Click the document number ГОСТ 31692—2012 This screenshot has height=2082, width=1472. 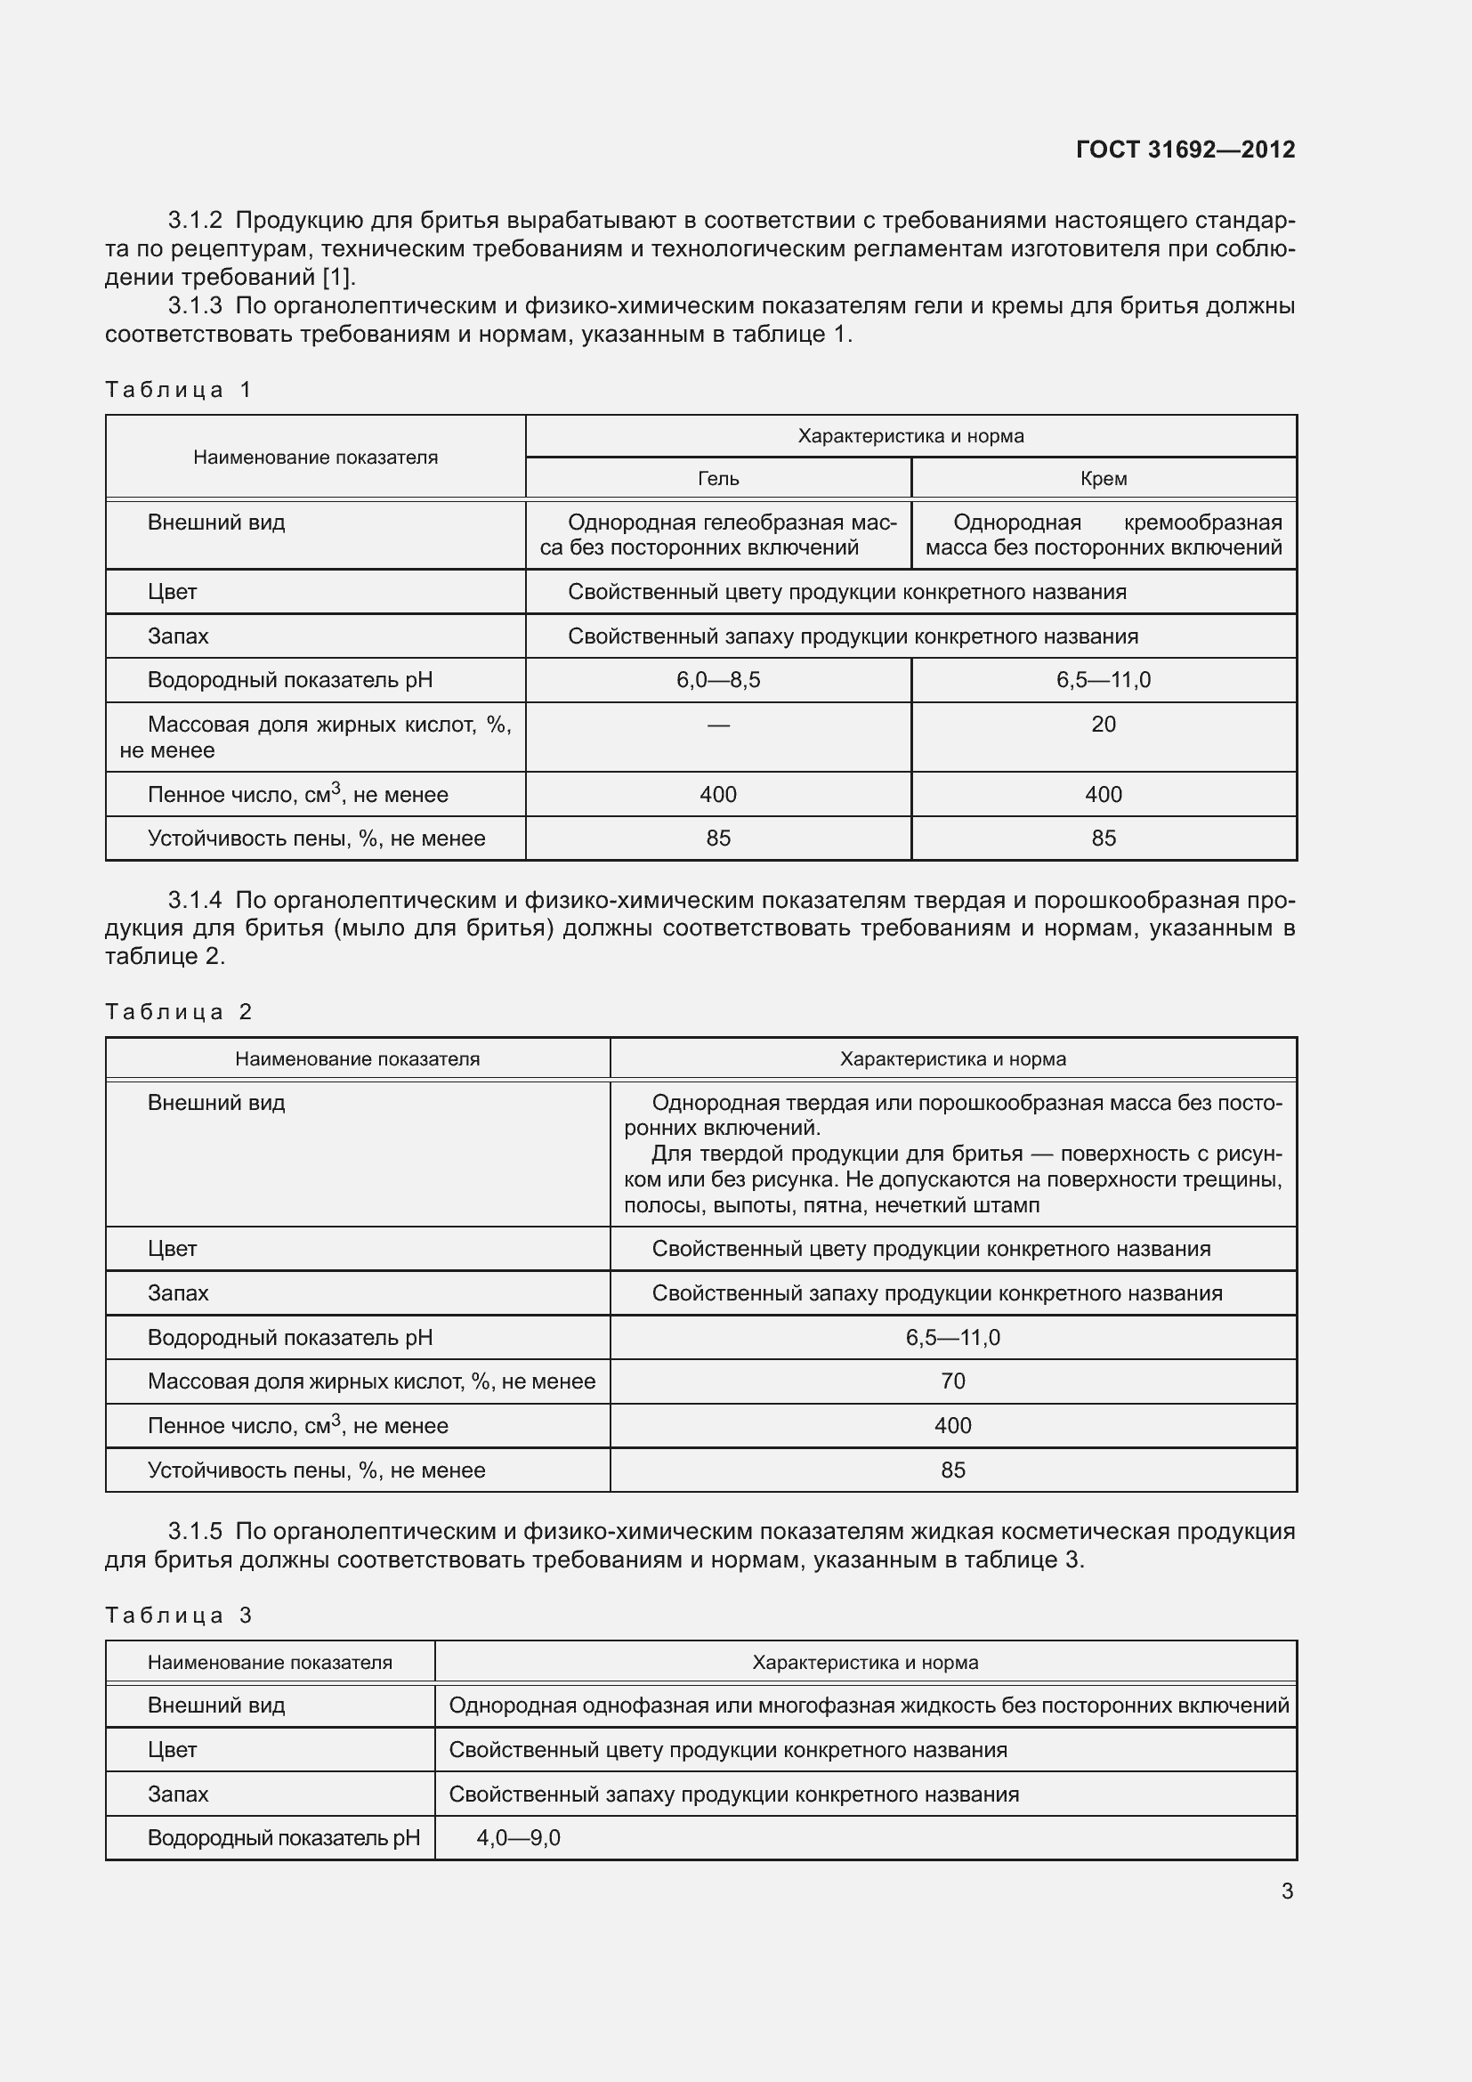pos(1185,150)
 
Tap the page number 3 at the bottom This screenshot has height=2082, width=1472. pos(1287,1892)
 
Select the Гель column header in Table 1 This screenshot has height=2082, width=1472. pos(718,478)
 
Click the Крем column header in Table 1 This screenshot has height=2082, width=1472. pos(1103,478)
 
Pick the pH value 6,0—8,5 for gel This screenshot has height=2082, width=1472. pos(718,680)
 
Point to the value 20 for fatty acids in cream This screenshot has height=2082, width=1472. pos(1103,725)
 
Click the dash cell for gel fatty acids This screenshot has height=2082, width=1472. pos(718,725)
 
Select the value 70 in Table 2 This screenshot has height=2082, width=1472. pos(952,1381)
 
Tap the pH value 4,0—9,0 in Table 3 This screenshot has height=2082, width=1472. pos(519,1838)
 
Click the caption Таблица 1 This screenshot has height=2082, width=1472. pos(178,390)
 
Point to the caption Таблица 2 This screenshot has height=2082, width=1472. pos(178,1012)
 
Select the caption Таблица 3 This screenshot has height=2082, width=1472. pos(178,1615)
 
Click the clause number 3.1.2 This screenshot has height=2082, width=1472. pos(195,221)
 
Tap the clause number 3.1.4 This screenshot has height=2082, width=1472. pos(195,901)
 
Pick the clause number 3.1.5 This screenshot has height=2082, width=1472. pos(195,1532)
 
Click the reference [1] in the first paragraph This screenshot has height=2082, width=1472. pos(338,278)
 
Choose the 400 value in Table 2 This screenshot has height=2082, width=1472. pos(952,1425)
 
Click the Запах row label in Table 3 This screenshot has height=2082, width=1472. pos(179,1794)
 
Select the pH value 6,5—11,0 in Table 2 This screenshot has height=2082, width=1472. pos(952,1338)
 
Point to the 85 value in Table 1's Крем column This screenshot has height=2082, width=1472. pos(1103,838)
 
